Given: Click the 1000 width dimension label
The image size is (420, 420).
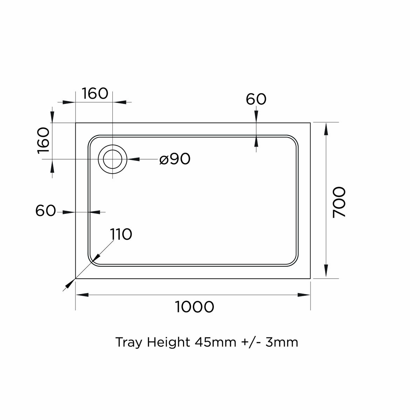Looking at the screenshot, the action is [x=194, y=307].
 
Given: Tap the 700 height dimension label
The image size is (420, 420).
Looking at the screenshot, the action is [x=339, y=202].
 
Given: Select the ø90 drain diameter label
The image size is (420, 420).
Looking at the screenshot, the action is [x=175, y=159].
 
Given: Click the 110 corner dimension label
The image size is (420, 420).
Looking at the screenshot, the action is [x=121, y=234].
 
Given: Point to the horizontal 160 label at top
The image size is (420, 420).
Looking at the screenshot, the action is [x=95, y=93].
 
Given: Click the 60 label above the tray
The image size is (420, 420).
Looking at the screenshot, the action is [x=256, y=99].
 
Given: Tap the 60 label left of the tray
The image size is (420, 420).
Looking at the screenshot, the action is [x=45, y=211].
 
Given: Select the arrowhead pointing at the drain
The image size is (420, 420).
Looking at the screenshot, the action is [x=133, y=159].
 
